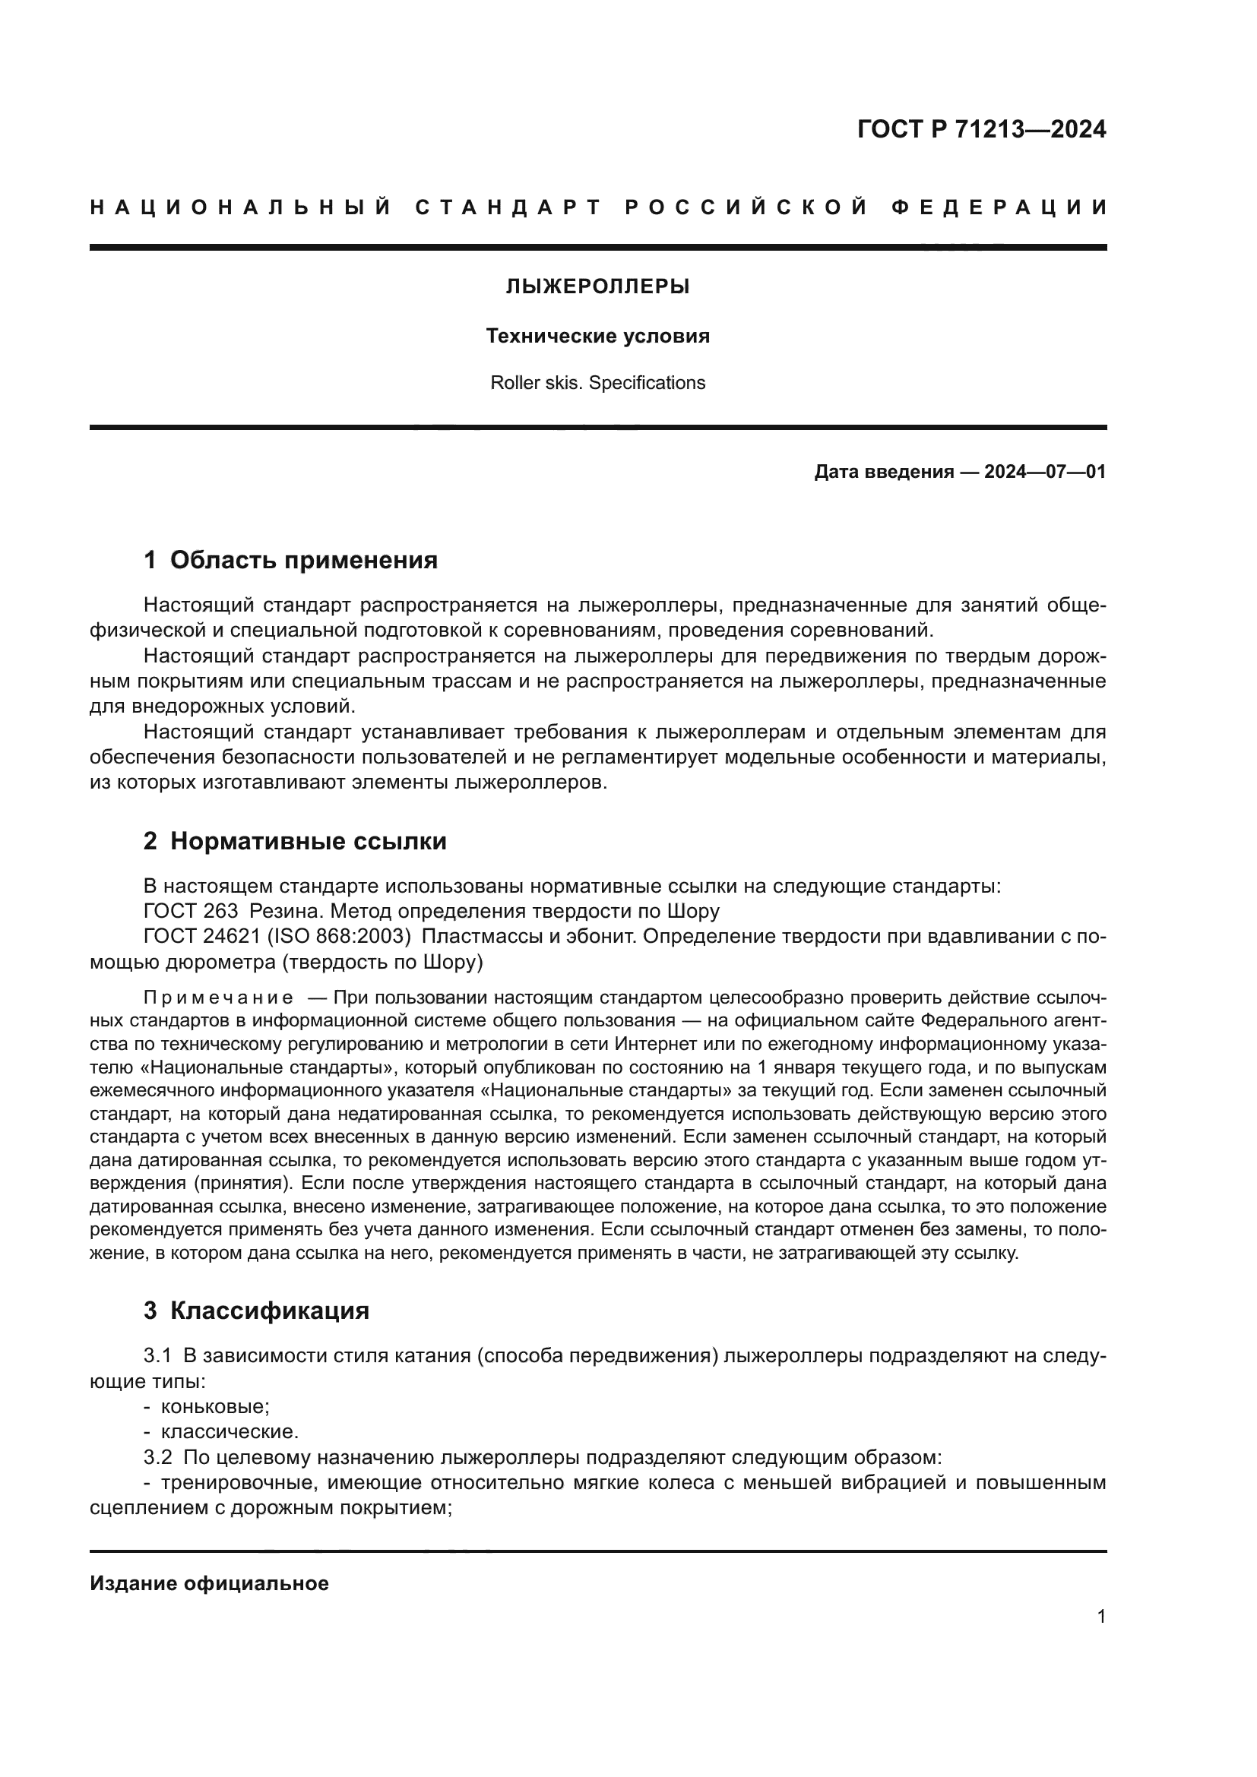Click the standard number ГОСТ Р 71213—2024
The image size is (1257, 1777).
click(981, 129)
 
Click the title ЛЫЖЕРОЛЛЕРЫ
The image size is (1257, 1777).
click(597, 287)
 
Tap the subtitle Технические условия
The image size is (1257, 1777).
click(597, 337)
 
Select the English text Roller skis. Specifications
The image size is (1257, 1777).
click(597, 383)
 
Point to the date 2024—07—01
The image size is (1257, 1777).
click(1044, 472)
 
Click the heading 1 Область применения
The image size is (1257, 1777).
click(291, 561)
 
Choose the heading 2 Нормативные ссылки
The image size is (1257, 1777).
click(295, 841)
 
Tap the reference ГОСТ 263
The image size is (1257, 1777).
click(192, 911)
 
